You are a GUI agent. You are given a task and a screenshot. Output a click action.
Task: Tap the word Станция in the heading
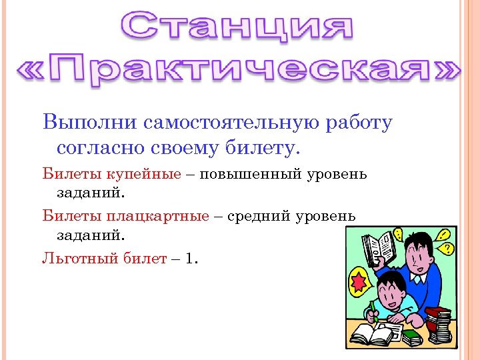coord(239,27)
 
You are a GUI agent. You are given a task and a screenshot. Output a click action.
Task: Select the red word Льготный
coord(71,259)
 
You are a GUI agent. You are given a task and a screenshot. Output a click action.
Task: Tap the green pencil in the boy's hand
coord(373,310)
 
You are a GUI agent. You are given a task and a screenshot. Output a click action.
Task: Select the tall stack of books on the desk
coord(439,325)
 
